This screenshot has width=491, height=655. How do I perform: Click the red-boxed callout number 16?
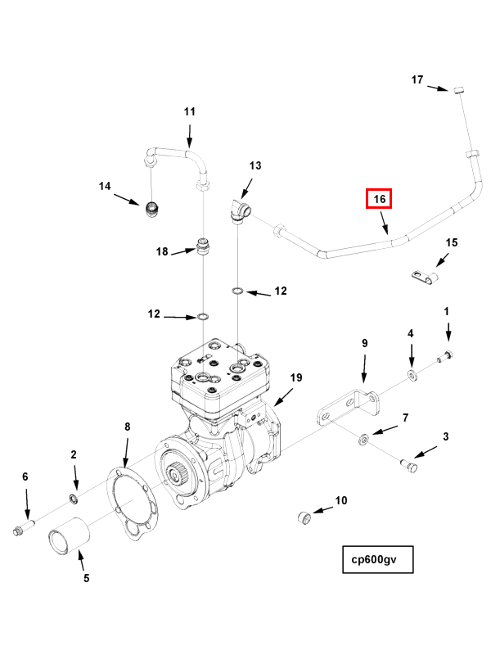point(379,199)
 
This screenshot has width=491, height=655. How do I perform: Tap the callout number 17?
point(417,79)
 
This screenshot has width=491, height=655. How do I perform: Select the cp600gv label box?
point(378,561)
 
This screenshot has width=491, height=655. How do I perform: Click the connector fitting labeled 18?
point(203,246)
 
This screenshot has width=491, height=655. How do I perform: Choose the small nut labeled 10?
point(304,518)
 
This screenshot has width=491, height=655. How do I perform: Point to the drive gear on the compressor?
point(177,473)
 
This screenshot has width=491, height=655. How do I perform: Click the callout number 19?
point(296,377)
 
